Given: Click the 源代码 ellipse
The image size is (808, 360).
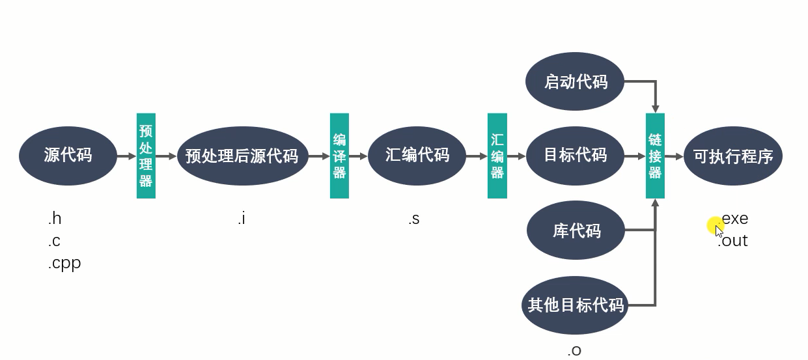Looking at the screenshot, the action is click(68, 156).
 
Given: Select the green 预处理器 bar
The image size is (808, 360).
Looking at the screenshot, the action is click(146, 156).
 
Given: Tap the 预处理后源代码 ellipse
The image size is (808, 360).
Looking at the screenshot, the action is click(242, 156).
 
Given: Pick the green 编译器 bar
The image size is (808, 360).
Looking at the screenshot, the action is click(339, 156).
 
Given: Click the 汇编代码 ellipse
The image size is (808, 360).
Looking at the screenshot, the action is click(417, 156).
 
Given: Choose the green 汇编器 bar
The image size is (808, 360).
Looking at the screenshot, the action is click(497, 156).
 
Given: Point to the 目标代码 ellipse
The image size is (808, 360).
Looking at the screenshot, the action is click(576, 156).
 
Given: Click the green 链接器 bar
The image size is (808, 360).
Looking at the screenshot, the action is click(655, 156).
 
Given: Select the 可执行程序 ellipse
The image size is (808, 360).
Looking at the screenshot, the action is click(733, 156).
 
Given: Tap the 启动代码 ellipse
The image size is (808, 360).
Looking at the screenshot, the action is click(575, 81).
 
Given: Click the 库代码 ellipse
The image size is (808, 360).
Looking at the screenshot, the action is click(576, 230).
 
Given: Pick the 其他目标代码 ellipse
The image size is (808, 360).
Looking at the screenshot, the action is click(575, 305).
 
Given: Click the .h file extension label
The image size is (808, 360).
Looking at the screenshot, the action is click(55, 219).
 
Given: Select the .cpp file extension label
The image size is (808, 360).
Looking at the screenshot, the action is click(64, 264).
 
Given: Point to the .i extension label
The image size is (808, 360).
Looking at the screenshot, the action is click(242, 219).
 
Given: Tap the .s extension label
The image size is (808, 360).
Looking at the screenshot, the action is click(414, 219).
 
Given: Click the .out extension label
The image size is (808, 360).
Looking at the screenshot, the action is click(732, 241).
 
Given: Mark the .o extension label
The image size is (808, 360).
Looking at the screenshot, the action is click(574, 351).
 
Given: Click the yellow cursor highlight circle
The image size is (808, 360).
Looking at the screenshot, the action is click(716, 226).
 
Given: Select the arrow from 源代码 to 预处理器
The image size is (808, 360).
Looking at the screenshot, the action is click(127, 156).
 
